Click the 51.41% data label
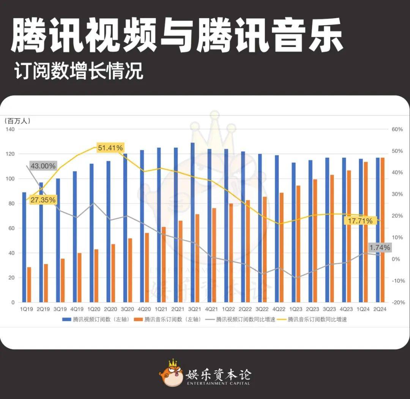click(110, 148)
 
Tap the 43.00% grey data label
click(43, 166)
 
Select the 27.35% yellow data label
click(43, 200)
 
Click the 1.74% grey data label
click(380, 248)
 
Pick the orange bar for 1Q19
click(29, 285)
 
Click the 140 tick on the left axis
click(10, 129)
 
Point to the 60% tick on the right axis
click(397, 129)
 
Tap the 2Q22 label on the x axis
click(245, 310)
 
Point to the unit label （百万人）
click(17, 121)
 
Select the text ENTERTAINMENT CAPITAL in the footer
click(218, 383)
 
